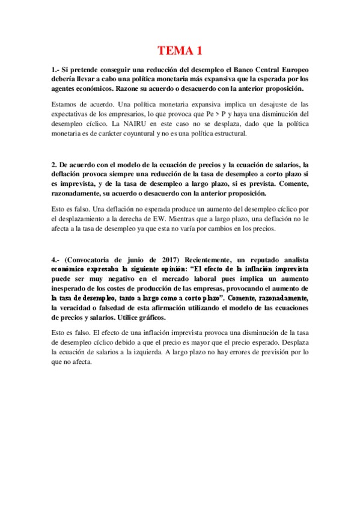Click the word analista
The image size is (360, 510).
[x=293, y=242]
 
